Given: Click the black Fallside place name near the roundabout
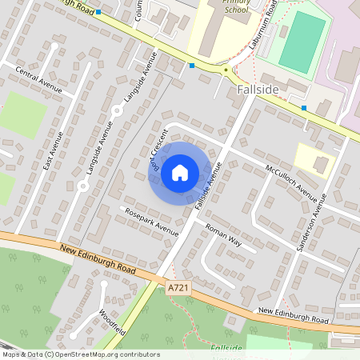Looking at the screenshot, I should [258, 90].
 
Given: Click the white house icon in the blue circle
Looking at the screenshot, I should [180, 172].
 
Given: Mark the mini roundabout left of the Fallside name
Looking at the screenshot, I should [226, 70].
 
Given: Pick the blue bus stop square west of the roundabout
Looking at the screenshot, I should [192, 66].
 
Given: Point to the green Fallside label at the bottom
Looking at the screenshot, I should [226, 349].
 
